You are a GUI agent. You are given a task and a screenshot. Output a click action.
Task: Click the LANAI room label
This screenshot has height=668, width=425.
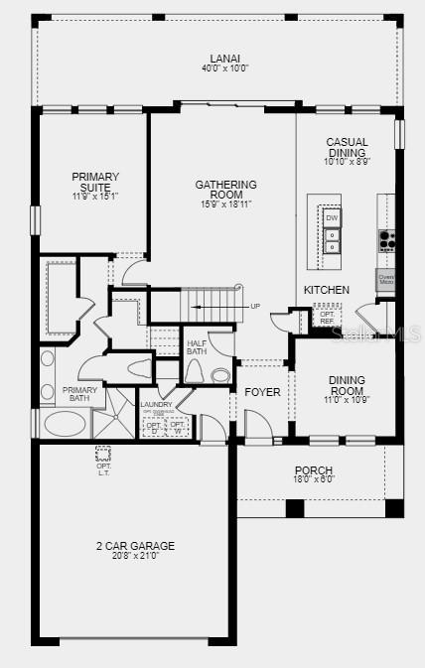(x=217, y=59)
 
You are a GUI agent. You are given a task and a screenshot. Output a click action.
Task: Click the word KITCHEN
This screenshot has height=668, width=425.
(x=326, y=290)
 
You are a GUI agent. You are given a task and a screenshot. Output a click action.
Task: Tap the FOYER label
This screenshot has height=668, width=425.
(x=263, y=392)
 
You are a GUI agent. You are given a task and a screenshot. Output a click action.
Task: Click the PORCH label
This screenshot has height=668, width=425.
(x=313, y=470)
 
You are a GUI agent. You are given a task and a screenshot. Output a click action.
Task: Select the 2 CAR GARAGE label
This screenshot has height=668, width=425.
(x=135, y=546)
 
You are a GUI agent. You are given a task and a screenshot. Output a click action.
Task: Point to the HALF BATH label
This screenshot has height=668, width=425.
(x=197, y=347)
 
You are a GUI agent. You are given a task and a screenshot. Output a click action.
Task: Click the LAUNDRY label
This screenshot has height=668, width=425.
(x=156, y=404)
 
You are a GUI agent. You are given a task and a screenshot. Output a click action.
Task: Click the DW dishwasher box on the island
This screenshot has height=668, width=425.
(x=332, y=218)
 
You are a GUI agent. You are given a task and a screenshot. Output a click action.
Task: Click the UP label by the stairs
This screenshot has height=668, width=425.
(x=255, y=306)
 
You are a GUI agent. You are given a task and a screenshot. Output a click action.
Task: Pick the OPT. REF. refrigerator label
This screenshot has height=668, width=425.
(x=327, y=318)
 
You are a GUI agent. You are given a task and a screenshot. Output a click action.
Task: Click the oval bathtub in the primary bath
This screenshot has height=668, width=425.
(x=65, y=424)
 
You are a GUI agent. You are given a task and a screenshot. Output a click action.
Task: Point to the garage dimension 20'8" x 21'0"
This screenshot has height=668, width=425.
(x=135, y=557)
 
